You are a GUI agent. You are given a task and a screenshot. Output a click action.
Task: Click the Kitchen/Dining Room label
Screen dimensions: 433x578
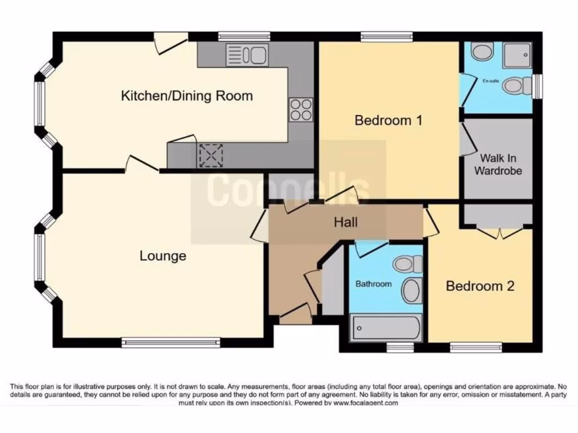187,96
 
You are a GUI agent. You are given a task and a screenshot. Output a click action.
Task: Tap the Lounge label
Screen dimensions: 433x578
163,256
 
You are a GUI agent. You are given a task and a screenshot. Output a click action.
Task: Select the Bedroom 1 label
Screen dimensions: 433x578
388,120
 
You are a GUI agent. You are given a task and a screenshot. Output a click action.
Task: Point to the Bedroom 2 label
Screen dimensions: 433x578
480,286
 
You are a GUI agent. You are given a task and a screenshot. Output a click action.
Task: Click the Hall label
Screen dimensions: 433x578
345,223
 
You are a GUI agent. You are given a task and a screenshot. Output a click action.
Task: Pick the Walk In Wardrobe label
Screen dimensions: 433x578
497,164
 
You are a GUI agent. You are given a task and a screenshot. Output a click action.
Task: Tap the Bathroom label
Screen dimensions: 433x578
373,284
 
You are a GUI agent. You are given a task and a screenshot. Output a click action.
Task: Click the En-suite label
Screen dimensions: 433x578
490,81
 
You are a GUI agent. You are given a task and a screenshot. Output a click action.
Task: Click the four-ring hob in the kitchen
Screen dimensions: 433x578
300,109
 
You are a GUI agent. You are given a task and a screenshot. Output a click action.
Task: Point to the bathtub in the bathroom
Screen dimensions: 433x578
386,328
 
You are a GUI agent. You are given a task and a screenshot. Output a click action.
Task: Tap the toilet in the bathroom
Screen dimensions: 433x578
409,263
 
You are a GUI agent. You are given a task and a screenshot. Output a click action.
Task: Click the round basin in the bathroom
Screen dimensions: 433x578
411,291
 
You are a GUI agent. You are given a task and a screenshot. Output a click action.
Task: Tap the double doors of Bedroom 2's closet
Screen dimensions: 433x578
498,231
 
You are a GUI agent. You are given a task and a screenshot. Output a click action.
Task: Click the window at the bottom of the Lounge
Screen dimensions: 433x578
170,342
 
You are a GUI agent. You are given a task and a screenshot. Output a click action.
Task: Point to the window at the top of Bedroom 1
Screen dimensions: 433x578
387,37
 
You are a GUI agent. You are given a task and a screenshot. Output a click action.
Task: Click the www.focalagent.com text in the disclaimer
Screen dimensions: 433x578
366,403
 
